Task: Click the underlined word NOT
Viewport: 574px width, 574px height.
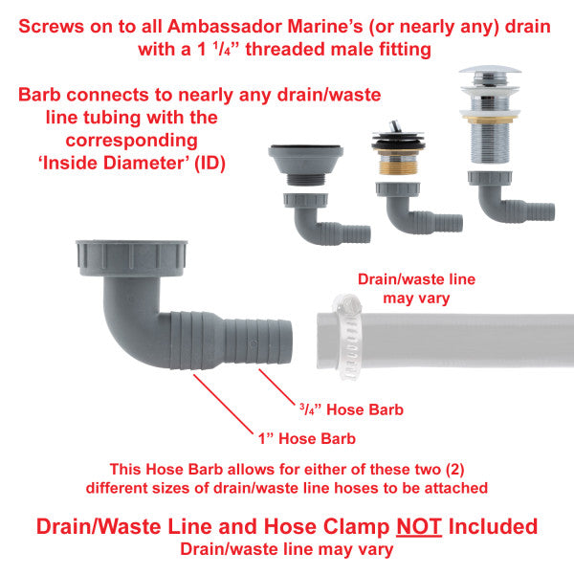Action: [x=419, y=527]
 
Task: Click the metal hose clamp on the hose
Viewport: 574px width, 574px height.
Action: [x=348, y=338]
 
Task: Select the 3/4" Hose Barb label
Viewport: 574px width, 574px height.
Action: [x=351, y=409]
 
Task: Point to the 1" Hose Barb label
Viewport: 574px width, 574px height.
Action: [x=307, y=438]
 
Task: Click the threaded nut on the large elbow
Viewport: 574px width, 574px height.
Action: [x=131, y=258]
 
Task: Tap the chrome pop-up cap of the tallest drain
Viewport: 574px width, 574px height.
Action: [x=490, y=70]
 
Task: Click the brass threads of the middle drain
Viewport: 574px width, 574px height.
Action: [x=397, y=166]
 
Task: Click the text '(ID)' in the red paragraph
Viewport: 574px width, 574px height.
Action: [x=210, y=164]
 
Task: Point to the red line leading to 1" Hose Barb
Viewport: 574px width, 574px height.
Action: [x=223, y=404]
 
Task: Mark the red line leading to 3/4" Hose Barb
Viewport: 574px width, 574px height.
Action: [x=276, y=387]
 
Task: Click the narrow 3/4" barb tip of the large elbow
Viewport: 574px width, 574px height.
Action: [x=258, y=342]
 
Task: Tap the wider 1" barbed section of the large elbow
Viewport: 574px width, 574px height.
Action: [x=195, y=340]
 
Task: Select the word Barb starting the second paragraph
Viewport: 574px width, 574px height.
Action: [x=39, y=95]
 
